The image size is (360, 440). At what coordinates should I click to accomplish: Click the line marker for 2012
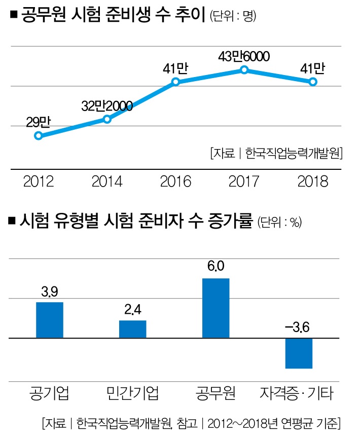point(39,135)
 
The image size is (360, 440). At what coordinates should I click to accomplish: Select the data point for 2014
point(107,119)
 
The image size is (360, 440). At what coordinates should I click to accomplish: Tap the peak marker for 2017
point(244,70)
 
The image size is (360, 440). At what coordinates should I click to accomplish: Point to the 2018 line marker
point(313,82)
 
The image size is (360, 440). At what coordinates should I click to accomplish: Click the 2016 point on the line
point(175,82)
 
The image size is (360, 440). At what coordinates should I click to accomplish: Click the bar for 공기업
point(50,320)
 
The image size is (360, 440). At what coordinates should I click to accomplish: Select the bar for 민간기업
point(132,329)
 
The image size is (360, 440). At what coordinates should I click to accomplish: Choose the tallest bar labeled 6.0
point(215,308)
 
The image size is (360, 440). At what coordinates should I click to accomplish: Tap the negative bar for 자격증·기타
point(299,353)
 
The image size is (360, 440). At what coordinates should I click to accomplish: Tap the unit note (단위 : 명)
point(234,16)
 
